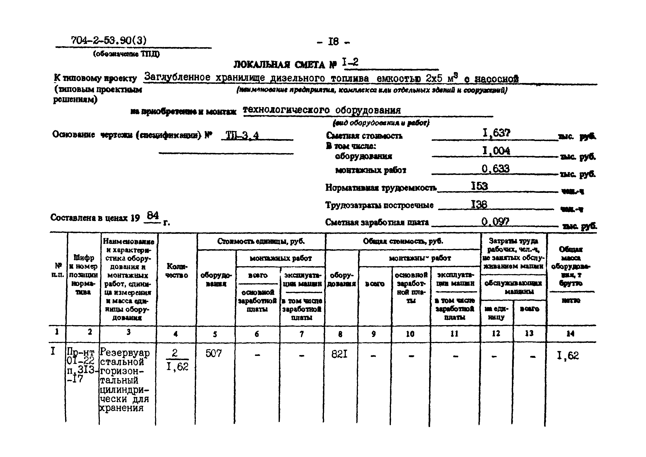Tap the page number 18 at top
(333, 42)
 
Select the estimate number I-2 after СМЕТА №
(351, 62)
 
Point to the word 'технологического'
(286, 110)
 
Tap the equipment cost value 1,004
(496, 151)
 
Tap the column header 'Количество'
(177, 271)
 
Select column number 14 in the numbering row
(570, 334)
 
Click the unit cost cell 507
(214, 353)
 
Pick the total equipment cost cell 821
(339, 354)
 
